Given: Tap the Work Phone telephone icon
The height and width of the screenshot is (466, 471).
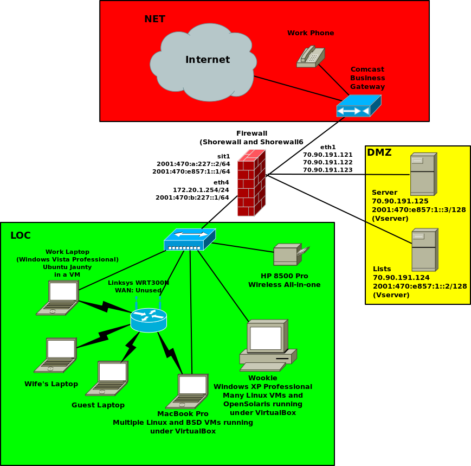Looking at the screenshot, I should (311, 56).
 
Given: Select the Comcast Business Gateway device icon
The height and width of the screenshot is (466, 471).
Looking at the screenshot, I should (358, 106).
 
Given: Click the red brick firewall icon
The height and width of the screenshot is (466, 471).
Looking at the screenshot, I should (251, 183).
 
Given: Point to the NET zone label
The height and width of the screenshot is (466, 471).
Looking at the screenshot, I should (154, 20).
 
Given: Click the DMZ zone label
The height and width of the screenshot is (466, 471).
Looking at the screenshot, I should (379, 152).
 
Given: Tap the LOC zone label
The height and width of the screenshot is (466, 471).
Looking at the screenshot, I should (21, 235).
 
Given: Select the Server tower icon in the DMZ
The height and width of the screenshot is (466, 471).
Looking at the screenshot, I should (423, 174).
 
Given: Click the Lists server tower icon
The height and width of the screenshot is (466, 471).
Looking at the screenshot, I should (424, 250).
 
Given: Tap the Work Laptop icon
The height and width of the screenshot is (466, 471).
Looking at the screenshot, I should (58, 298).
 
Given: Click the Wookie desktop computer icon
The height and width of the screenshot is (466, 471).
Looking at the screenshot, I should (268, 346).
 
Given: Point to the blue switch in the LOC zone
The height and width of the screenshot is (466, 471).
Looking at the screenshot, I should (190, 239).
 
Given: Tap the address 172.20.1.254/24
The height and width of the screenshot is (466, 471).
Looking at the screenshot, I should (201, 190).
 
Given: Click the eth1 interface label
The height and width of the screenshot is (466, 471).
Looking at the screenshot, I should (328, 147).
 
